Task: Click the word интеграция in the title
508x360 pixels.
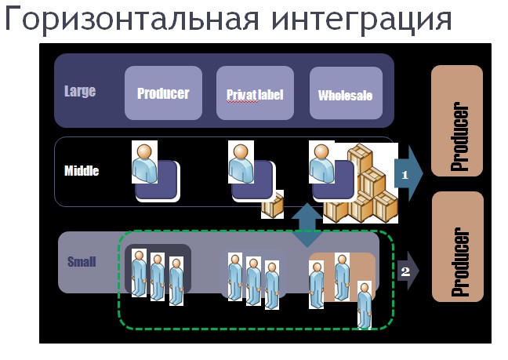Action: [361, 20]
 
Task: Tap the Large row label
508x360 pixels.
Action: [80, 91]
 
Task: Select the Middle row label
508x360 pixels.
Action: [82, 170]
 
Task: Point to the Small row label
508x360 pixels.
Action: [82, 261]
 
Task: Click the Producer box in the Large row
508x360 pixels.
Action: [163, 93]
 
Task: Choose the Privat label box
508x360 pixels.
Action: [255, 93]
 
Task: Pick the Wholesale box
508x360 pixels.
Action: [346, 93]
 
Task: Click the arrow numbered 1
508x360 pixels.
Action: [408, 174]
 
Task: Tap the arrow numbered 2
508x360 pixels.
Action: [408, 271]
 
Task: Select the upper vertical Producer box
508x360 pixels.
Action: [457, 121]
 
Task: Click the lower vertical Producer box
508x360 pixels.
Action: [458, 246]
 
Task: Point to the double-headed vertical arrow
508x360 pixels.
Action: [307, 226]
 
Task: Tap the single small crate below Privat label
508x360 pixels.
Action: [273, 205]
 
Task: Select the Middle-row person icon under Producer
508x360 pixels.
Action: [144, 162]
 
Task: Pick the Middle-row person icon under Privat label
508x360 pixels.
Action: [241, 162]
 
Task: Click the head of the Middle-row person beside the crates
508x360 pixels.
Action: [321, 151]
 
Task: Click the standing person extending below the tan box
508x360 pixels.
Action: [365, 305]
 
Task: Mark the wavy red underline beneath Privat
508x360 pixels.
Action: [242, 101]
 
